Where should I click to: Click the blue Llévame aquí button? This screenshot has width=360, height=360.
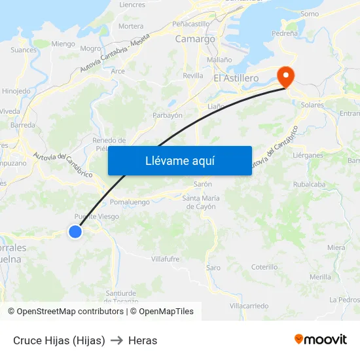(x=180, y=161)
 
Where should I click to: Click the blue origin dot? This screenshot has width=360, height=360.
(x=75, y=231)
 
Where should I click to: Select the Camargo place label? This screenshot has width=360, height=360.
(x=195, y=39)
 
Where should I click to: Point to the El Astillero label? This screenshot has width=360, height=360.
(x=236, y=78)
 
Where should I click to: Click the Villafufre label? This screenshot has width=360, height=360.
(x=165, y=259)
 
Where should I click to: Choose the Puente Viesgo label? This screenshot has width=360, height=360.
(x=96, y=217)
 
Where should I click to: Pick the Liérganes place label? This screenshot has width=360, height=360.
(x=308, y=155)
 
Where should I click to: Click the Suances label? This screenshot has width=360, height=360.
(x=24, y=49)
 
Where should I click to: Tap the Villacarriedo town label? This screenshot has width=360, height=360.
(x=249, y=306)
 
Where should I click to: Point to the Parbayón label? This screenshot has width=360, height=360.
(x=167, y=115)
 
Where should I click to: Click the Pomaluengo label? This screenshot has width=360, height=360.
(x=130, y=202)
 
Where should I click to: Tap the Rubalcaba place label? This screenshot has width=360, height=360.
(x=310, y=184)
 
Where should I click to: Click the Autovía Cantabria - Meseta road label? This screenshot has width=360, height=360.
(x=115, y=55)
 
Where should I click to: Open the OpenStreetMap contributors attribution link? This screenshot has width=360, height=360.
(x=66, y=312)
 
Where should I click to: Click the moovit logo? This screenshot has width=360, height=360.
(x=321, y=340)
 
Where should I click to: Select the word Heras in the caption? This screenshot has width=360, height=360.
(x=143, y=340)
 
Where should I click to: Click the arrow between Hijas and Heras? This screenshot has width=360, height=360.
(x=117, y=340)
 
